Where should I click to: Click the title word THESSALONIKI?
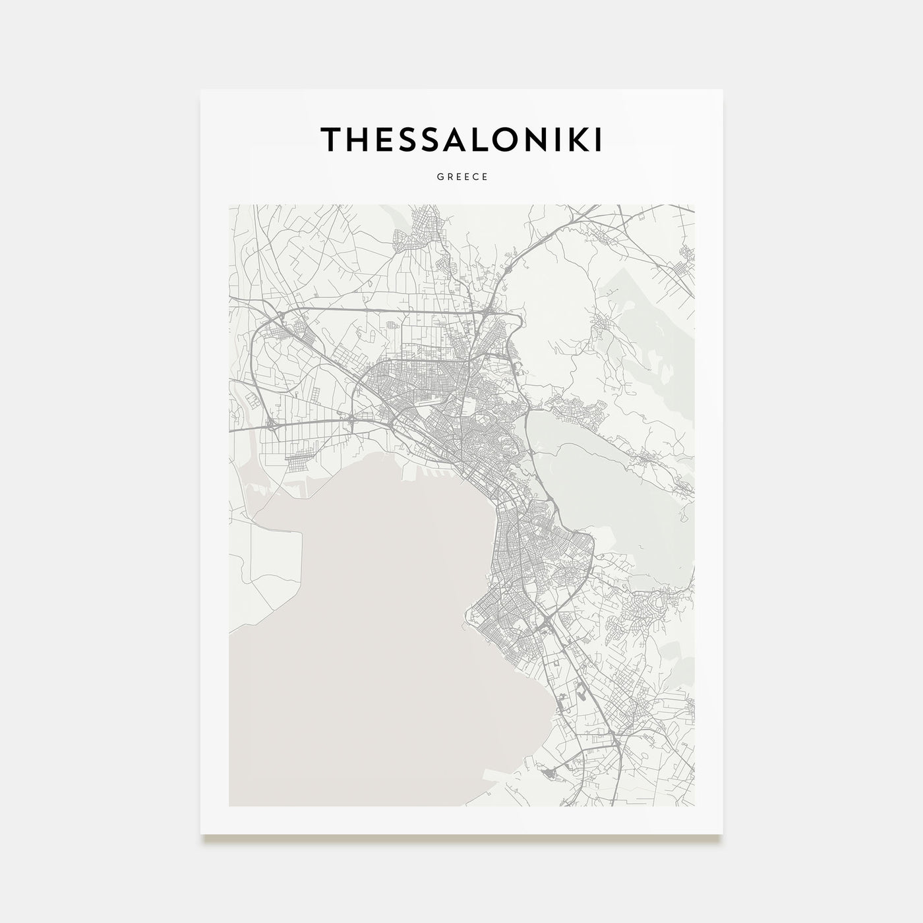(x=461, y=139)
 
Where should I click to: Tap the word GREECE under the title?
(x=461, y=177)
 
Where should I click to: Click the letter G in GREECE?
(x=438, y=177)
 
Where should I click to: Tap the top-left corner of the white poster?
(x=201, y=90)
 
